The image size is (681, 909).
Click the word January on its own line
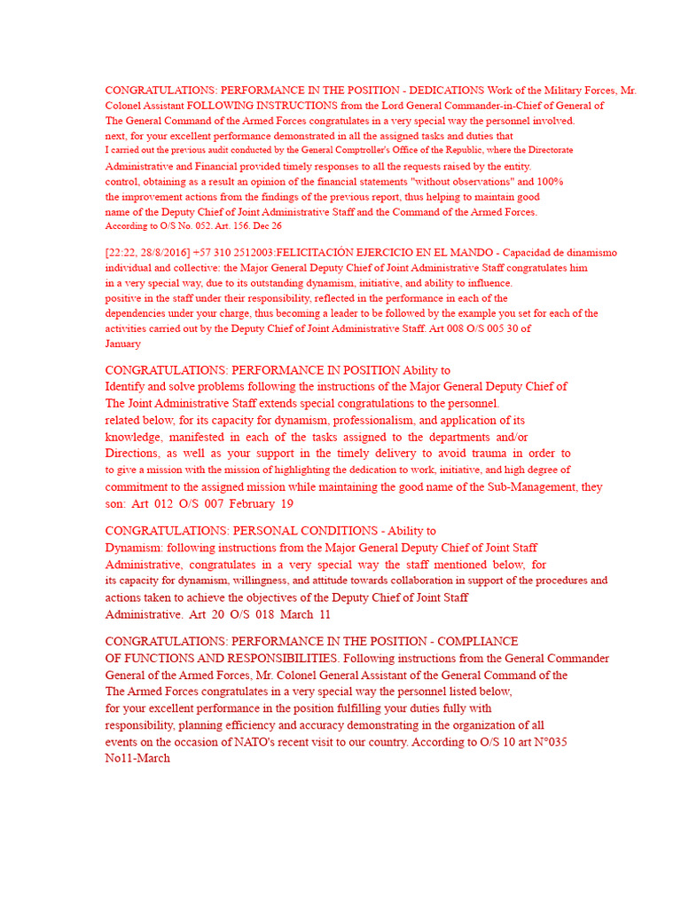tap(122, 344)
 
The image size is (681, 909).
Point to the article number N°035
tap(544, 742)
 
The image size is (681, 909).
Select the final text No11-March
tap(137, 759)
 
